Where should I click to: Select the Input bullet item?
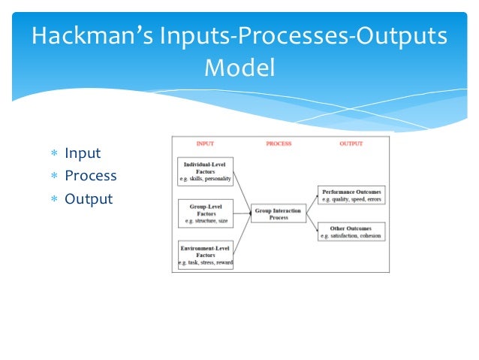click(x=83, y=153)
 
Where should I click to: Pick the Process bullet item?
click(x=90, y=176)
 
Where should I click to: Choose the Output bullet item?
click(x=89, y=199)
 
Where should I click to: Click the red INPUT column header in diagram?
click(x=205, y=144)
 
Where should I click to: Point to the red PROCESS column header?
click(x=279, y=144)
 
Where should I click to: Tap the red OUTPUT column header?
click(x=351, y=144)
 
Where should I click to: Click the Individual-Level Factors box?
click(x=205, y=171)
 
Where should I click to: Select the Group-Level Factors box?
click(x=205, y=213)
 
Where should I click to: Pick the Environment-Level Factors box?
click(x=205, y=255)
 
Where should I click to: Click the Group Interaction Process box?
click(x=279, y=213)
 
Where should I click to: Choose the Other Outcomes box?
click(x=351, y=231)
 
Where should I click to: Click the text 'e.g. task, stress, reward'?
click(x=205, y=263)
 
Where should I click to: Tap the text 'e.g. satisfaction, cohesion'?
click(x=351, y=236)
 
